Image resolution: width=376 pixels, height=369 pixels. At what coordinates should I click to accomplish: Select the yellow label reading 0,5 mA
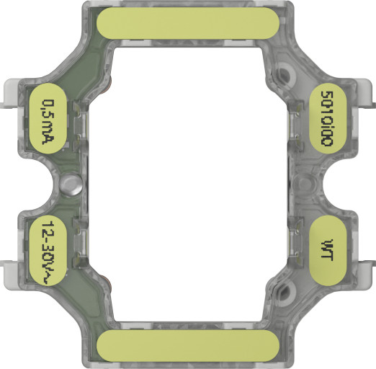click(50, 121)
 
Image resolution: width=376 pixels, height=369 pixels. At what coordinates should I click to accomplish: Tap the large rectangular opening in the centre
click(187, 184)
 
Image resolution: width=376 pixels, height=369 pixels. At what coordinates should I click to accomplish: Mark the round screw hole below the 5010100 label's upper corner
click(287, 73)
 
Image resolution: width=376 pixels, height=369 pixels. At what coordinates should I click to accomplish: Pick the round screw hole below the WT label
click(287, 293)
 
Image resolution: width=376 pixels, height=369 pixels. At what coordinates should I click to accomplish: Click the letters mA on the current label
click(50, 133)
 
